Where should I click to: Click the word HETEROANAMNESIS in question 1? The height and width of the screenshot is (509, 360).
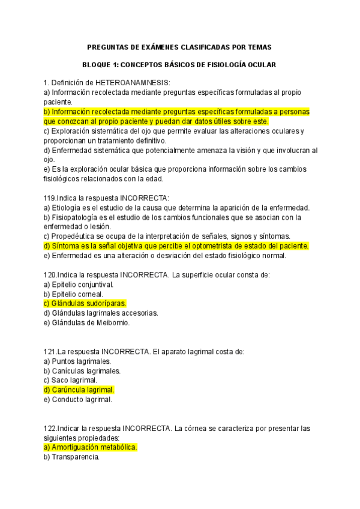pos(130,82)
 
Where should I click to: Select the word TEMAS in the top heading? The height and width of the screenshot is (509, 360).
pos(259,47)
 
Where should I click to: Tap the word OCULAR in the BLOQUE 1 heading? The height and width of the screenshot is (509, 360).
pos(260,64)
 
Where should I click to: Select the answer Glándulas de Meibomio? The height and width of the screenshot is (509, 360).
pos(91,323)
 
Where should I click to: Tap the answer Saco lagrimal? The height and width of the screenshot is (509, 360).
pos(74,381)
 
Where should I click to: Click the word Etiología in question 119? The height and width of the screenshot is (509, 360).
pos(67,208)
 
